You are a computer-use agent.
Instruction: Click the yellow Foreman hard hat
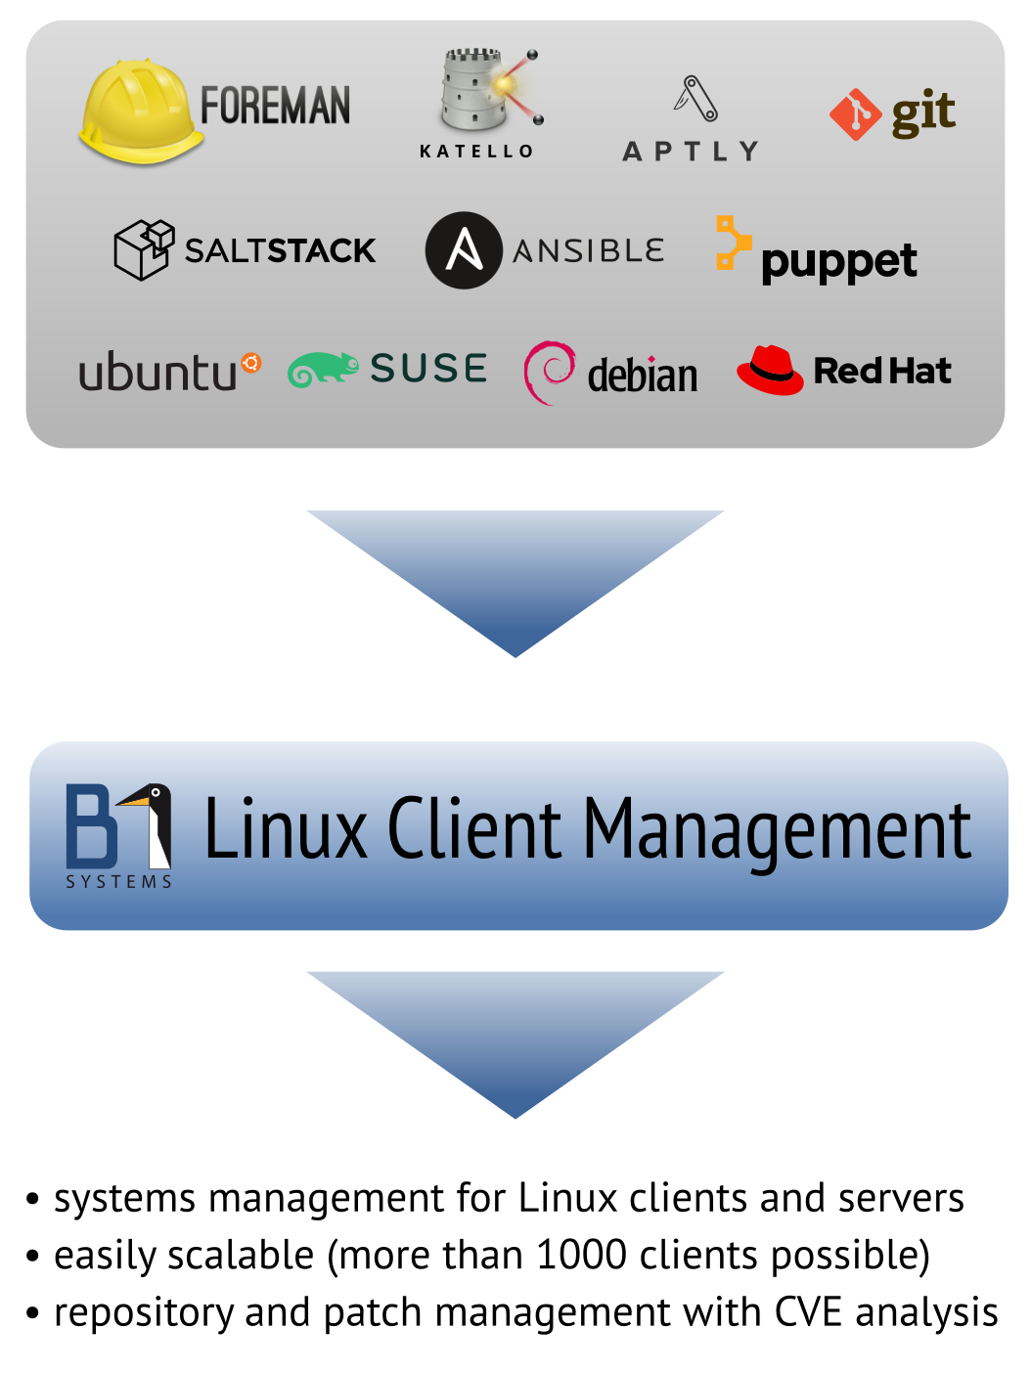tap(140, 111)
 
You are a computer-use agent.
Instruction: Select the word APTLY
tap(690, 152)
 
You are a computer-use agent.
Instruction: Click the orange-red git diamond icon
tap(855, 114)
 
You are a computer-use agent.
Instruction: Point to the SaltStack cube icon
tap(144, 249)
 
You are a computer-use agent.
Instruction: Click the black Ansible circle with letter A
tap(464, 250)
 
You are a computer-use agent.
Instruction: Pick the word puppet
tap(839, 262)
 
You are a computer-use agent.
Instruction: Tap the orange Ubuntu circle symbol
tap(250, 363)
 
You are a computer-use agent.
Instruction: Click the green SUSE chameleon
tap(323, 369)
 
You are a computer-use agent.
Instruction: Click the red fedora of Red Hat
tap(770, 370)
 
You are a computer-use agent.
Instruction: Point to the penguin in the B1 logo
tap(148, 825)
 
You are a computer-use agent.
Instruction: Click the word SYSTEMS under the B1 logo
tap(119, 882)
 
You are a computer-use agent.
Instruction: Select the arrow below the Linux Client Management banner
tap(515, 1044)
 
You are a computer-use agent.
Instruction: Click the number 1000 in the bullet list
tap(581, 1255)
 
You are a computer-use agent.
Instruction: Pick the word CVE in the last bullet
tap(808, 1311)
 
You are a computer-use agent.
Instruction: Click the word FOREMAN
tap(275, 106)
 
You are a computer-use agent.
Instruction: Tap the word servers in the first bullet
tap(901, 1199)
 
